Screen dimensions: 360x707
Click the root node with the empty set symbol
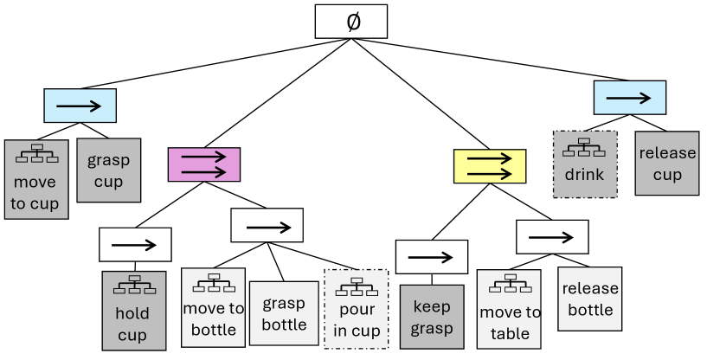pos(350,22)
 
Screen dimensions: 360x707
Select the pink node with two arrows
pos(203,164)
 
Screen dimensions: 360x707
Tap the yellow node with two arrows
pos(490,165)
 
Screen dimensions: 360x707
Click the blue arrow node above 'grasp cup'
pos(80,106)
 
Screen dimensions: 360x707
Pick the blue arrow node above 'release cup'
pos(629,98)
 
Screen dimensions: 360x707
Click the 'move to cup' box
pos(35,179)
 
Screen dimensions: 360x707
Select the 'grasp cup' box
pos(108,170)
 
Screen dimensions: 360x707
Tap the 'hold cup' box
pos(132,311)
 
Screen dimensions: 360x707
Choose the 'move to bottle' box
pos(213,307)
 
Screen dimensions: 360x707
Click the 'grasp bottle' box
pos(283,313)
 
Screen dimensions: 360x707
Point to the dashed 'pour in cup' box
pos(356,308)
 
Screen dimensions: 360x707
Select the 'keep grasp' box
pos(432,317)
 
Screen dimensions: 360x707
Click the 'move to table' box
pos(509,310)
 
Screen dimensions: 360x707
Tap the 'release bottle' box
pos(591,299)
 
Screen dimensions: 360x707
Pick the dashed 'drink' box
pos(584,164)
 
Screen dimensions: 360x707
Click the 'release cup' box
pos(666,163)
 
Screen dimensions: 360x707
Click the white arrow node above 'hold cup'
pos(135,245)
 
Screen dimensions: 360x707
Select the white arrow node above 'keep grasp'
pos(431,257)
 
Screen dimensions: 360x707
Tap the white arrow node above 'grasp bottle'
pos(267,225)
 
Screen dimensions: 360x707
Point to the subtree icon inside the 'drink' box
pos(584,148)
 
